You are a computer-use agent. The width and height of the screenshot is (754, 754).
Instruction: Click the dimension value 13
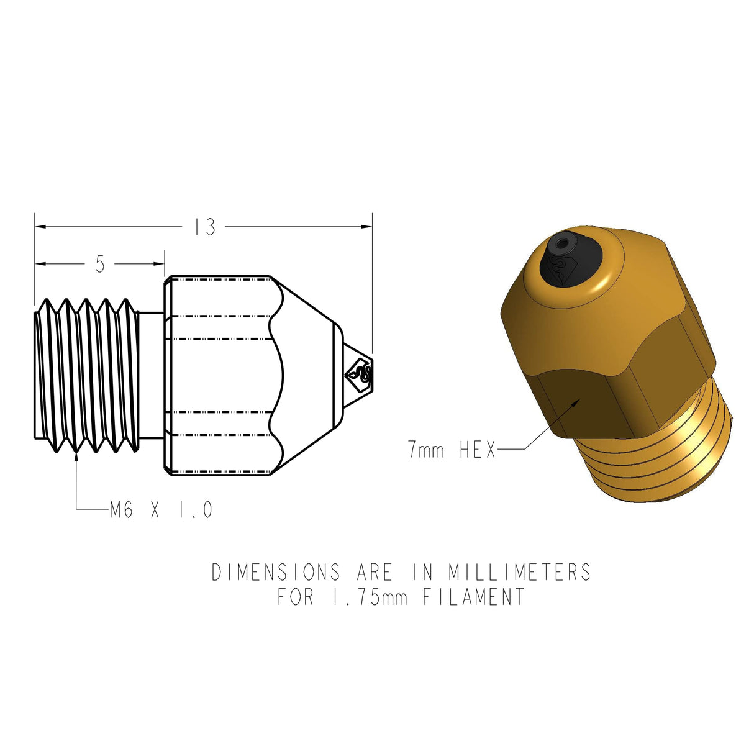(x=204, y=227)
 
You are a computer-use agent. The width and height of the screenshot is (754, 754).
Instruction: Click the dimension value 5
(x=101, y=265)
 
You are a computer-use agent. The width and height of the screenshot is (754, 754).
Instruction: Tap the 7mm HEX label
(x=452, y=449)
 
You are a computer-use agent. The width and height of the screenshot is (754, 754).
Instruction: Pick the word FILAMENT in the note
(x=474, y=597)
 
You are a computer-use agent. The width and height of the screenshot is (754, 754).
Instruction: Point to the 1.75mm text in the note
(x=370, y=597)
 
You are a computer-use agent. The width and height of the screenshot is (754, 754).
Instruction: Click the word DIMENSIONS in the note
(x=276, y=572)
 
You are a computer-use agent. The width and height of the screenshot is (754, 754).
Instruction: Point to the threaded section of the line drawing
(x=86, y=375)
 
